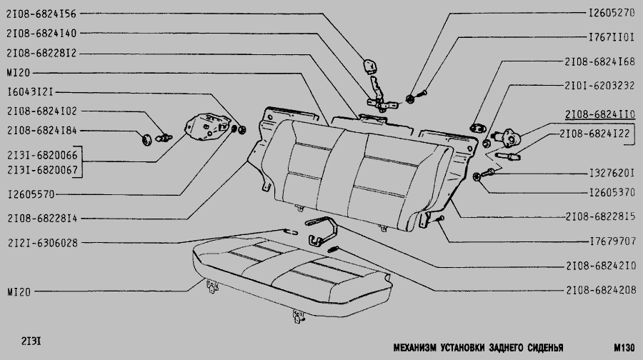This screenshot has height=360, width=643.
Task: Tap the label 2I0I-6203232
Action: click(x=598, y=84)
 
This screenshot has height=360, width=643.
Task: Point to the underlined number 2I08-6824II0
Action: click(x=598, y=114)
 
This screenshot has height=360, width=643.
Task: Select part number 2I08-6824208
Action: click(x=598, y=291)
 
